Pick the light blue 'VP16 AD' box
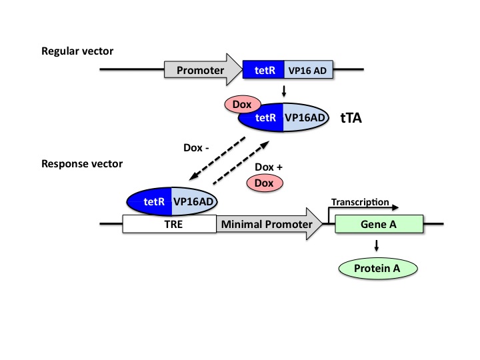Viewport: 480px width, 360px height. [x=309, y=69]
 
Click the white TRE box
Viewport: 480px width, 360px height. [x=169, y=225]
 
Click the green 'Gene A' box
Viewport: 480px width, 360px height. [x=379, y=225]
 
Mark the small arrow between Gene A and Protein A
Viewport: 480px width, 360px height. [x=378, y=246]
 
